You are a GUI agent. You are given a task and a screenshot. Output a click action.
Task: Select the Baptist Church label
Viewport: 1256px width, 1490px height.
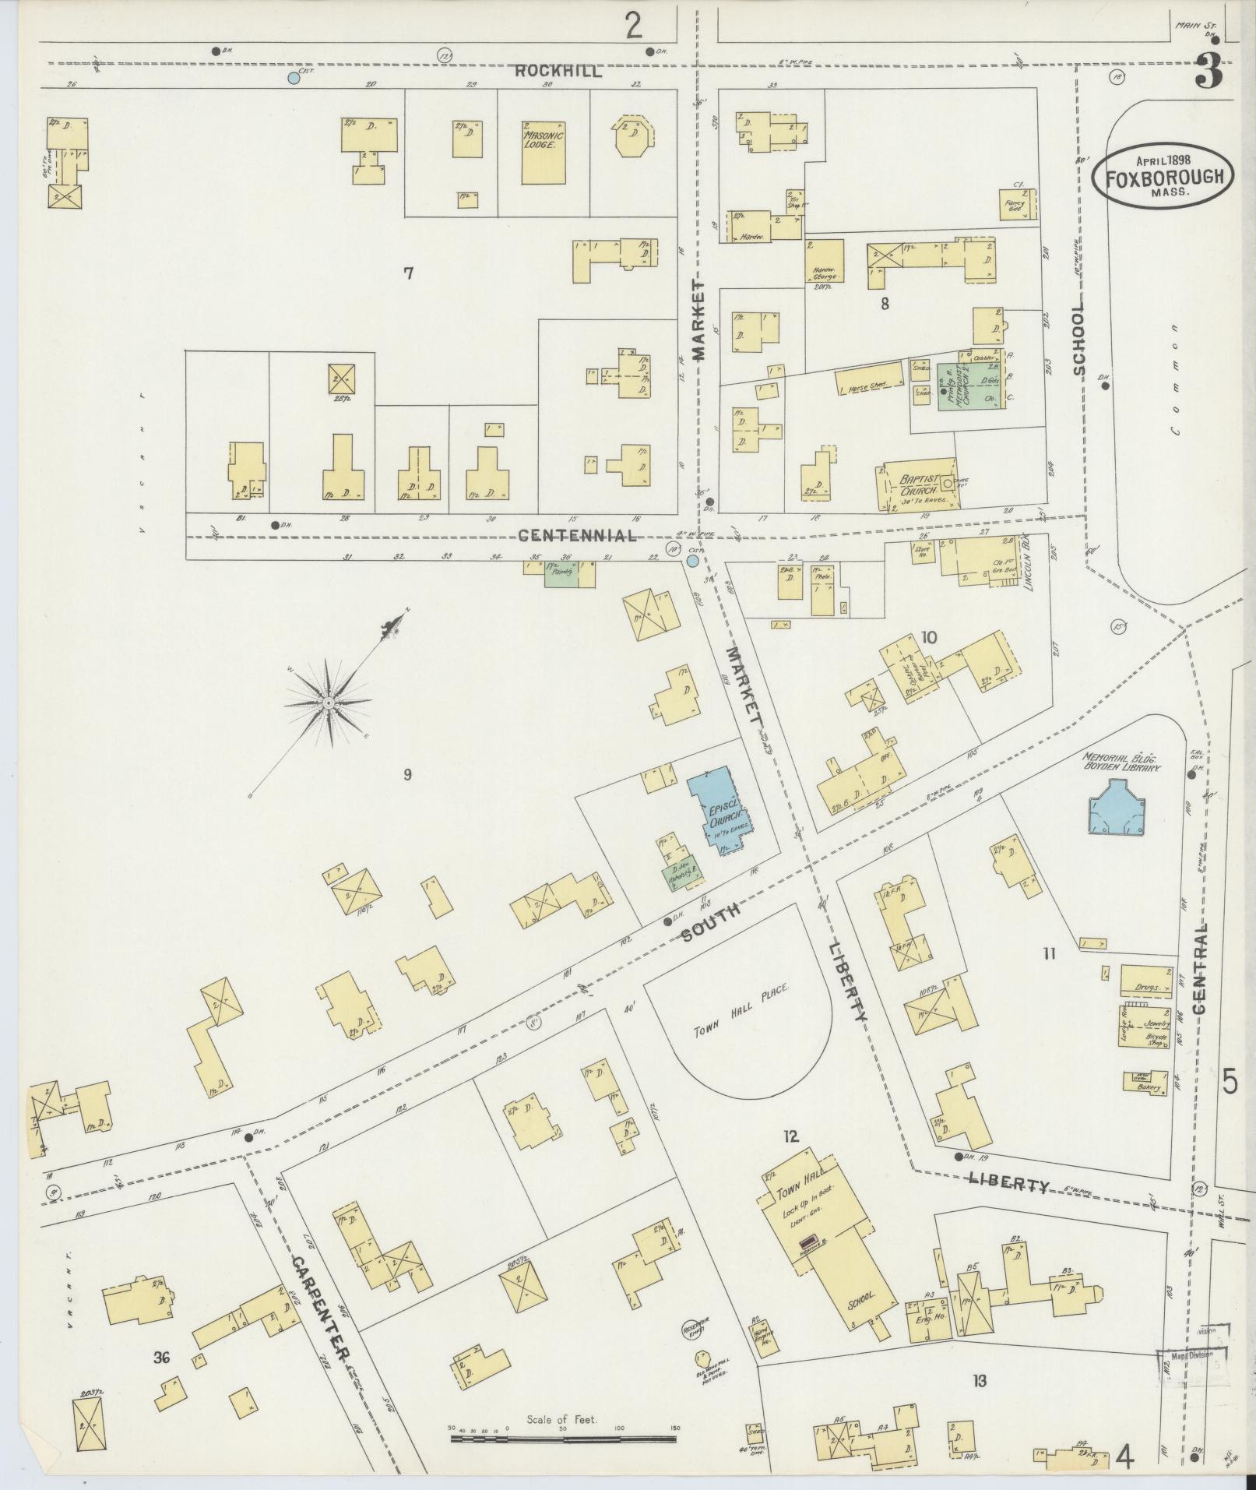click(x=912, y=485)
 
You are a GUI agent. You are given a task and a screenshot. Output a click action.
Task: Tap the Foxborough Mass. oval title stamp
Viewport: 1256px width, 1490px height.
click(x=1162, y=176)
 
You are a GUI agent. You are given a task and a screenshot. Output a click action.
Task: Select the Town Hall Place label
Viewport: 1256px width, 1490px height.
click(x=742, y=1010)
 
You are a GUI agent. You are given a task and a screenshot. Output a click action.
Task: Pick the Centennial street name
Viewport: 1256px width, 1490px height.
click(x=577, y=535)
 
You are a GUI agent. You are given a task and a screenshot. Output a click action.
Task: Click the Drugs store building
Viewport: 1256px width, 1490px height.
click(x=1145, y=981)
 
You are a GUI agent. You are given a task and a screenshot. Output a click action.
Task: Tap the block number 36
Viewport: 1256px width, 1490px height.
click(x=162, y=1358)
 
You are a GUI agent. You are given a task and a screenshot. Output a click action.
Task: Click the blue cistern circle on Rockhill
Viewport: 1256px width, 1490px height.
click(x=294, y=78)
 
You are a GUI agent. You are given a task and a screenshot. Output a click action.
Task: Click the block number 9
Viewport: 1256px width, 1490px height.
click(x=407, y=773)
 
